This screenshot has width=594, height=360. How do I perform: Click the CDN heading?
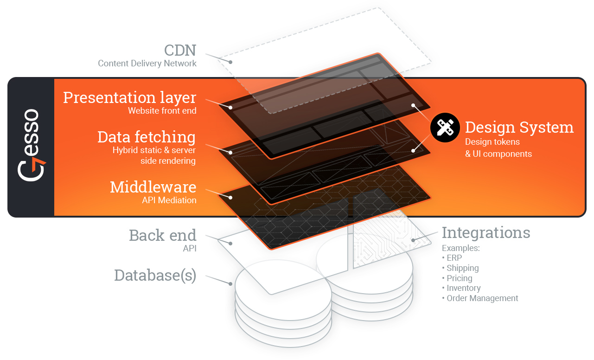point(180,50)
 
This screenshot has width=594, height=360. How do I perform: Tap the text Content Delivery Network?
point(147,64)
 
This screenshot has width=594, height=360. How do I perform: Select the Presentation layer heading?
point(129,98)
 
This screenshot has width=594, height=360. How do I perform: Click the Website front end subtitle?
point(162,111)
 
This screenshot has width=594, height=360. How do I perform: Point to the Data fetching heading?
point(147,137)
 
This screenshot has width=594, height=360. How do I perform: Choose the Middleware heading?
point(153,187)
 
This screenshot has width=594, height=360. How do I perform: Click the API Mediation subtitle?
point(169,200)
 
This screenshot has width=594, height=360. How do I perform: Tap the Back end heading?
point(162,235)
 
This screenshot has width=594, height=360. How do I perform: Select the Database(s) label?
point(155,275)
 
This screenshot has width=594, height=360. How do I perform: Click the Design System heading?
point(519,127)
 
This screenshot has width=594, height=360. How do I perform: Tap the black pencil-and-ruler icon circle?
point(445,128)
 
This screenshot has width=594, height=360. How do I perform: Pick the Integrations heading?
point(485,232)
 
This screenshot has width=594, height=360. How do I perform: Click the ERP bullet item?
point(454,258)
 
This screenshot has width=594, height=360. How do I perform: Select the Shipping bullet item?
point(462,268)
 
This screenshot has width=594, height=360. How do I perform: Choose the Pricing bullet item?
point(459,278)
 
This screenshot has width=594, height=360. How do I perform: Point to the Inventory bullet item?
point(463,288)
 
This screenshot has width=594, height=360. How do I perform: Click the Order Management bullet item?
point(482,298)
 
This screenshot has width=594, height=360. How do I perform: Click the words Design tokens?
point(492,142)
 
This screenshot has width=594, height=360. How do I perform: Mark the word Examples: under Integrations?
point(460,248)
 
